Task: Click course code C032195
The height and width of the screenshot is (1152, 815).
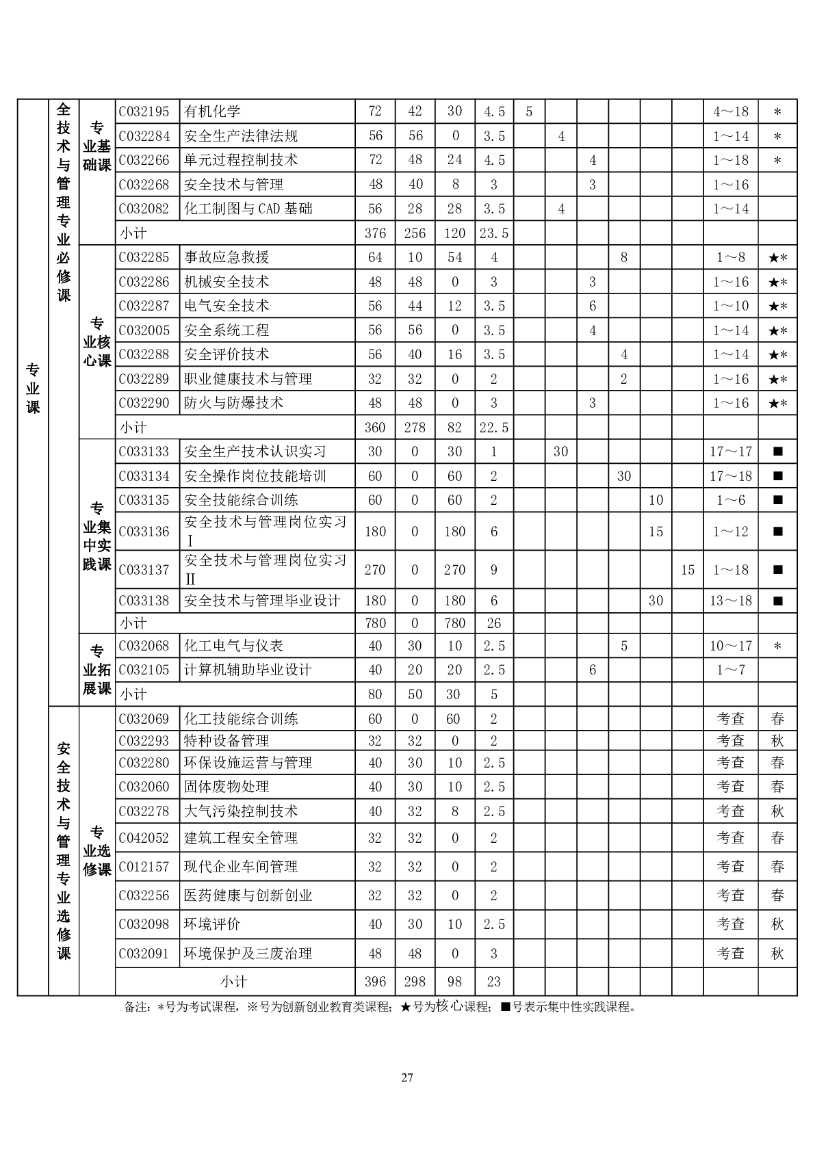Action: tap(144, 112)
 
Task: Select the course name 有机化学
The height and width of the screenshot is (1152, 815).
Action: tap(212, 112)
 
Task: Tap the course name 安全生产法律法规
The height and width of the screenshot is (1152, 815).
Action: tap(241, 136)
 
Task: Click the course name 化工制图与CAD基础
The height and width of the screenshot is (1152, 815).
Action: tap(248, 209)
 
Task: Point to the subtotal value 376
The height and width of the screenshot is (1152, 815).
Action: tap(375, 233)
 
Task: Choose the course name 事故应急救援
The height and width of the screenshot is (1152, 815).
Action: tap(227, 257)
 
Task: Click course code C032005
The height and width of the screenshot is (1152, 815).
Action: tap(144, 330)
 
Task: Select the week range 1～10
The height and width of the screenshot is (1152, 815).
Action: tap(731, 306)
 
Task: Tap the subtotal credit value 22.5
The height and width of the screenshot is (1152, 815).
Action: tap(494, 428)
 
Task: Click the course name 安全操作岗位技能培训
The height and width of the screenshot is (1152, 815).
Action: tap(255, 476)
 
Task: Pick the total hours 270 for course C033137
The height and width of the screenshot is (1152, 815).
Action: tap(375, 570)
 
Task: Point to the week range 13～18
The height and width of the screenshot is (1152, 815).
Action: tap(731, 601)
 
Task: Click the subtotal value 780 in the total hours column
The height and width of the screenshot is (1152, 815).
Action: tap(375, 623)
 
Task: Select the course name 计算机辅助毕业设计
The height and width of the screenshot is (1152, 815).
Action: tap(248, 670)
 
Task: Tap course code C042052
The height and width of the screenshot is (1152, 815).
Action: tap(144, 838)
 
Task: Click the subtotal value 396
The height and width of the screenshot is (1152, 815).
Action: tap(375, 982)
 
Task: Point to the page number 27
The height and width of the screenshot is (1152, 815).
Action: tap(407, 1078)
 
